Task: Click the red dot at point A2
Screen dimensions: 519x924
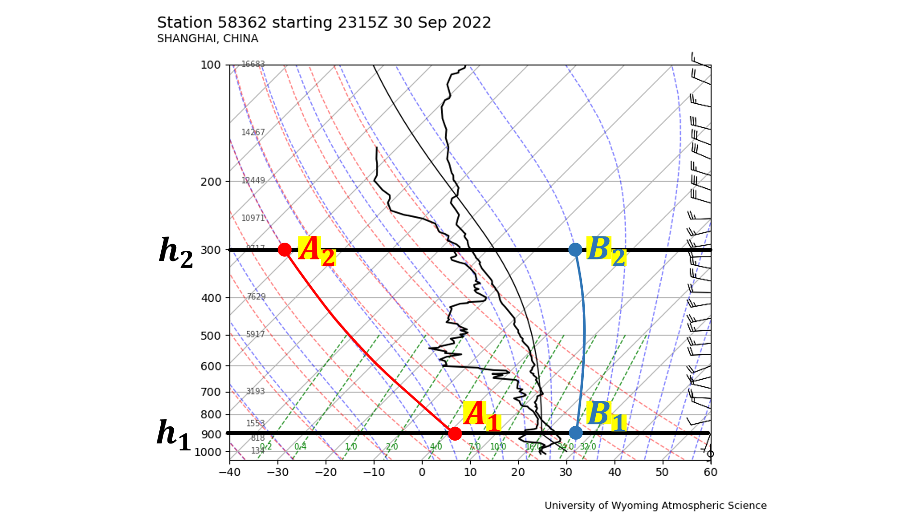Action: point(284,249)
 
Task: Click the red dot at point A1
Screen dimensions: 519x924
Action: point(455,433)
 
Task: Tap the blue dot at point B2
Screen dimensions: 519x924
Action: point(575,249)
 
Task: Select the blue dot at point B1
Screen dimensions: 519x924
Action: point(576,432)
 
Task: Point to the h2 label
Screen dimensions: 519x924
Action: point(176,252)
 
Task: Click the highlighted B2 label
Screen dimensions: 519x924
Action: point(606,251)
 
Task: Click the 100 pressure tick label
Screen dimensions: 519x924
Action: point(210,65)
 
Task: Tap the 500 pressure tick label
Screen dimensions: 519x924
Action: point(210,336)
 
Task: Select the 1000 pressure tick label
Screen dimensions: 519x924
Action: point(208,452)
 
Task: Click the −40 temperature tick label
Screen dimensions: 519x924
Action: point(230,472)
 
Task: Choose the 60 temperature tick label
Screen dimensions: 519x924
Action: point(710,472)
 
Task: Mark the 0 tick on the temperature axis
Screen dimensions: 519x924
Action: point(422,472)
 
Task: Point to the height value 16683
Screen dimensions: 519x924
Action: point(253,64)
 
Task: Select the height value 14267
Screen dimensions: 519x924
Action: point(253,132)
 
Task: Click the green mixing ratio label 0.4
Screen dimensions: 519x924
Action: point(300,446)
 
